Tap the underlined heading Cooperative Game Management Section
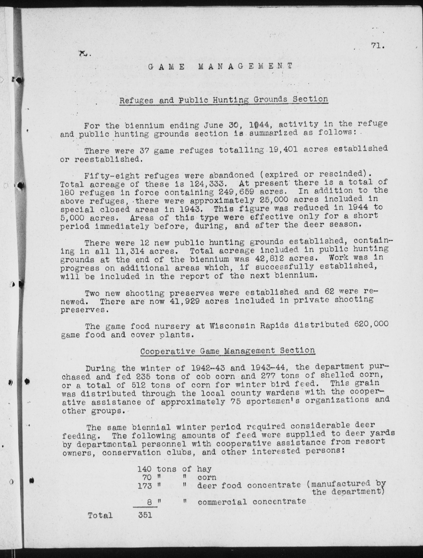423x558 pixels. click(227, 351)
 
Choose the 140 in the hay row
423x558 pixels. click(145, 469)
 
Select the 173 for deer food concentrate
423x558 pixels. click(145, 486)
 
